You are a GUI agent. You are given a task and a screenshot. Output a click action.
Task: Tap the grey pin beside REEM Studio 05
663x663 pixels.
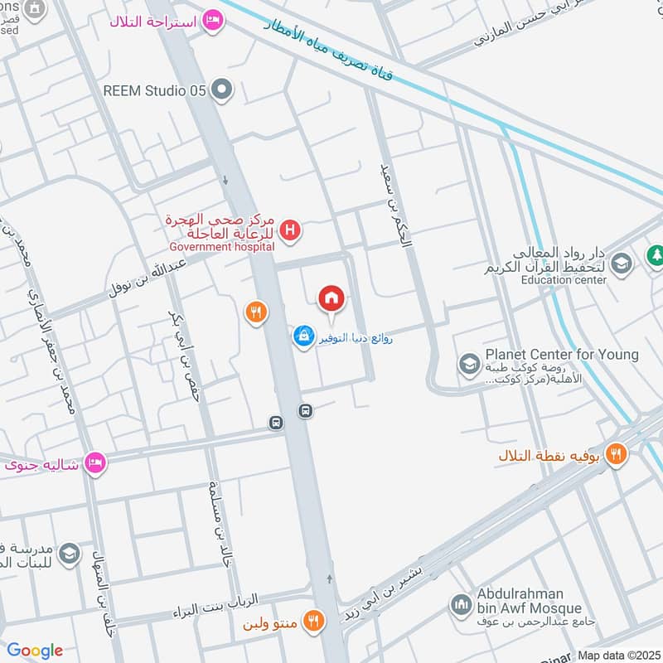pyautogui.click(x=221, y=90)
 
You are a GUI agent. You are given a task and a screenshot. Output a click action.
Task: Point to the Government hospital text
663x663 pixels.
pyautogui.click(x=221, y=246)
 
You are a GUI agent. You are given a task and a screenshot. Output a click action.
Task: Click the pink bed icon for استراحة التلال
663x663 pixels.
pyautogui.click(x=213, y=22)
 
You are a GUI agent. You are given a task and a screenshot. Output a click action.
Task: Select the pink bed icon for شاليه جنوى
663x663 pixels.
pyautogui.click(x=96, y=463)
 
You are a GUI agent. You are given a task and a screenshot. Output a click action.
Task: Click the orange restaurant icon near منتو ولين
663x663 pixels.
pyautogui.click(x=312, y=621)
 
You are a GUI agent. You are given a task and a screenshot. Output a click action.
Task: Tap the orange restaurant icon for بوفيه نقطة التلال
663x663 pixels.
pyautogui.click(x=615, y=453)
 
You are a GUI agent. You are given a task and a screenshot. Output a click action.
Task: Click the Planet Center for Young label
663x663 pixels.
pyautogui.click(x=562, y=355)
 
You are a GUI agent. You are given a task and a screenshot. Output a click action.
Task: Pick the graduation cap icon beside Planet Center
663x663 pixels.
pyautogui.click(x=469, y=363)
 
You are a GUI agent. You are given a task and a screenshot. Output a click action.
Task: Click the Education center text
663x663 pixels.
pyautogui.click(x=564, y=280)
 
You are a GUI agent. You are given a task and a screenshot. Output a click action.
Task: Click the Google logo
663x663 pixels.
pyautogui.click(x=35, y=651)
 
